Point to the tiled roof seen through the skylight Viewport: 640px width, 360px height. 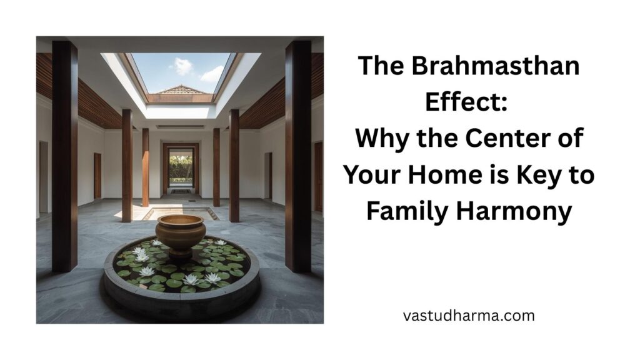(181, 91)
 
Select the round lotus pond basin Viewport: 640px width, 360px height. (181, 275)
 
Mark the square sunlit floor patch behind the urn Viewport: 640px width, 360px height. (181, 213)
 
